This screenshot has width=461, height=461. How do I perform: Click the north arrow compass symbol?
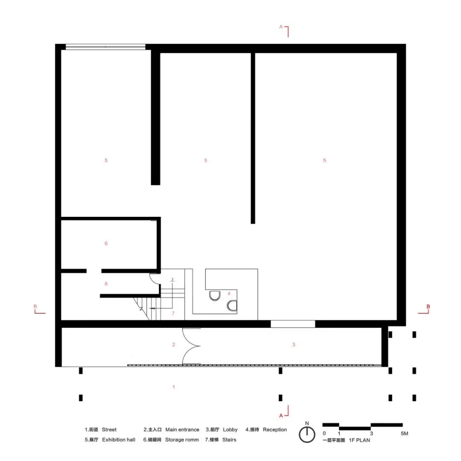coord(306,434)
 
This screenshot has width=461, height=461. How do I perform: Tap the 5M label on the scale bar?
coord(404,434)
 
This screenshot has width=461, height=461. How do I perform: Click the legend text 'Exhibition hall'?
coord(119,440)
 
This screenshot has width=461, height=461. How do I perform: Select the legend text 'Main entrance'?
coord(182,429)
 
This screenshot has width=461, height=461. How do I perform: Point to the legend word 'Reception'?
coord(275,429)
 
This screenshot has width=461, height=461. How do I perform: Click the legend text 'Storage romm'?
coord(182,440)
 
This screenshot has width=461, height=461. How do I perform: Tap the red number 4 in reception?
coord(229,293)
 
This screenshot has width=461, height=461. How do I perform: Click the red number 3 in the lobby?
coord(294,344)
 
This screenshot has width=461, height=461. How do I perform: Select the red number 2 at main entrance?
coord(173,344)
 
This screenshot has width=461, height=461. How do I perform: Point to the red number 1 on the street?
coord(173,387)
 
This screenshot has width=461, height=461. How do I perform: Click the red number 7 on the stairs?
coord(173,313)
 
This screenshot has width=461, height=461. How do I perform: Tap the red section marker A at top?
coord(281,26)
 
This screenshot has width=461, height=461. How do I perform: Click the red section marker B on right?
coord(428,306)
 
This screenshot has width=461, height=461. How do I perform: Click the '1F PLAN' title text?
coord(359,440)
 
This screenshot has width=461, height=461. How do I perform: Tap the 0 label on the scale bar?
coord(324,434)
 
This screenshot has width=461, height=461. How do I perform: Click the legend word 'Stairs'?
coord(229,440)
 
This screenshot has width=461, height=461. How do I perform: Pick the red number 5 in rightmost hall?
coord(324,160)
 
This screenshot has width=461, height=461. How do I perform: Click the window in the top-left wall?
coord(105,47)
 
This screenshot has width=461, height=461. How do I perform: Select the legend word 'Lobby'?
coord(230,429)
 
